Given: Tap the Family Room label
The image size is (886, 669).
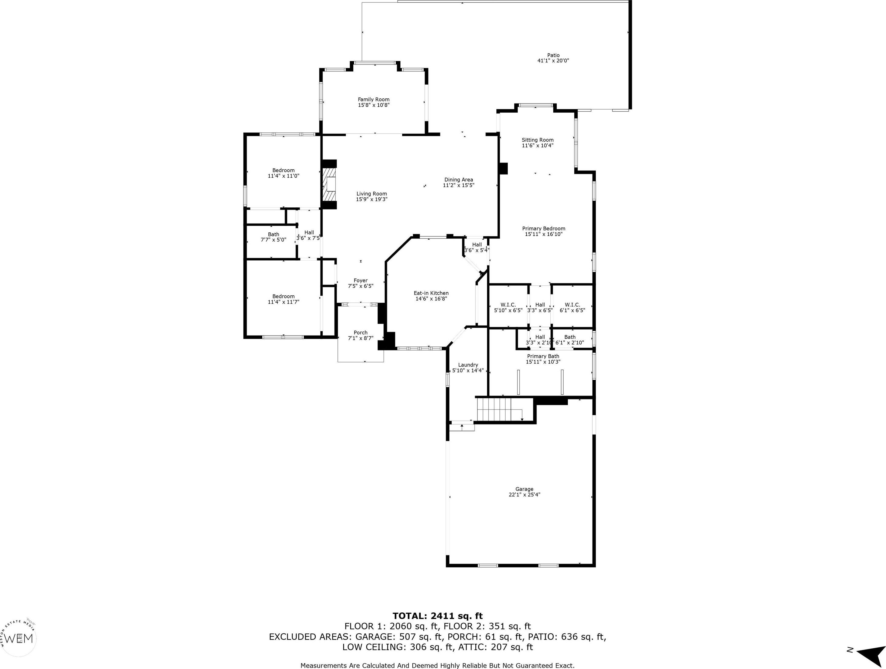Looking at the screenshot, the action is pos(374,99).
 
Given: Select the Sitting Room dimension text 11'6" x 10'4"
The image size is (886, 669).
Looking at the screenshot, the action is pos(538,146).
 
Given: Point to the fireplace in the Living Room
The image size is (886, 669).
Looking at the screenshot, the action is pos(329,185).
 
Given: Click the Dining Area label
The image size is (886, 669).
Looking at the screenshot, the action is pos(459,180).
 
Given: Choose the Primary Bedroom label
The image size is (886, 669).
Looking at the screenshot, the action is pos(544,228).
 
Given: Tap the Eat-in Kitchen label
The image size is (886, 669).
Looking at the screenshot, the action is pos(431,293).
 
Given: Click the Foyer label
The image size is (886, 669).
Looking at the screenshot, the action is pos(360,280).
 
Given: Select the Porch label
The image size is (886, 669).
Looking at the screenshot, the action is pos(360,333).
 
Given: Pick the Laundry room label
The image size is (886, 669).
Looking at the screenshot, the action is pos(468,365).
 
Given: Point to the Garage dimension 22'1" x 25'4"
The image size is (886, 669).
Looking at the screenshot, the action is pos(524,495).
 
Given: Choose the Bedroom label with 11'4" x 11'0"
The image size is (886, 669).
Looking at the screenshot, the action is pos(284,170).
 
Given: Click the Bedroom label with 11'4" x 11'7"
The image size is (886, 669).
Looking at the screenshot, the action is pos(284,297).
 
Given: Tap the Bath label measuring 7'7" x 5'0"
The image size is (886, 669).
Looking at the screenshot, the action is pos(274,234).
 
